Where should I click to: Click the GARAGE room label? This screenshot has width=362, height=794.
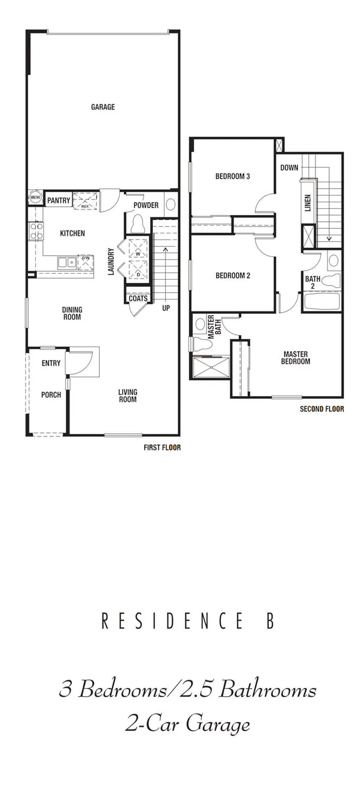point(103,107)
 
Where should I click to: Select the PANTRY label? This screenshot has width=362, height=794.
point(59,200)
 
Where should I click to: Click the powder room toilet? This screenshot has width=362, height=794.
point(137,224)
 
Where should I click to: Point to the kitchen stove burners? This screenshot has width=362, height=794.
point(36,230)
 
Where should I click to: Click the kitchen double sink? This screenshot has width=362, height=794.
point(67,262)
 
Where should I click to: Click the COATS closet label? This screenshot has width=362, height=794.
point(138,299)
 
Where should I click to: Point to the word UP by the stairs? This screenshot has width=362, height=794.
point(166,308)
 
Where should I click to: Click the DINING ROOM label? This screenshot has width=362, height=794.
point(72,313)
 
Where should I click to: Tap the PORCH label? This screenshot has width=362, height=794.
point(51,395)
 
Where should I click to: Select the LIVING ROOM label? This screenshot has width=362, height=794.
point(128,396)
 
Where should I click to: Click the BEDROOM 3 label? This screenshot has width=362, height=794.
point(232,176)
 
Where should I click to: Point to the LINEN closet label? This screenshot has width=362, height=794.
point(308,203)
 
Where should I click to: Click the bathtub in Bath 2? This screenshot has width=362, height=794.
point(322,301)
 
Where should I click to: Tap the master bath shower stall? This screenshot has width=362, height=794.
point(211,368)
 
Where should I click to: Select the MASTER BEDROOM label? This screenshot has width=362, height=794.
point(296,358)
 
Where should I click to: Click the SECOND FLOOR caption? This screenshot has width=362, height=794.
point(322,409)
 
